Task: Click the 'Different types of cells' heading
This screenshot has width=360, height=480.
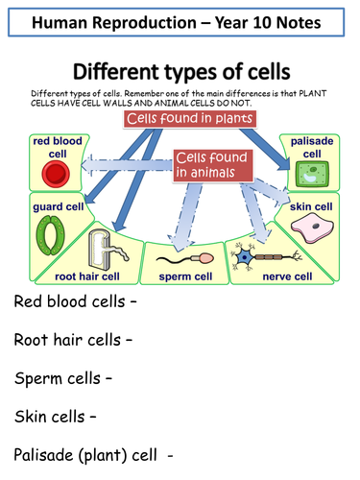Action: [180, 72]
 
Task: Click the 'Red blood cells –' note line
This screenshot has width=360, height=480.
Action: [76, 302]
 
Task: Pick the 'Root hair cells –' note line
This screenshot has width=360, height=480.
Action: [72, 339]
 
